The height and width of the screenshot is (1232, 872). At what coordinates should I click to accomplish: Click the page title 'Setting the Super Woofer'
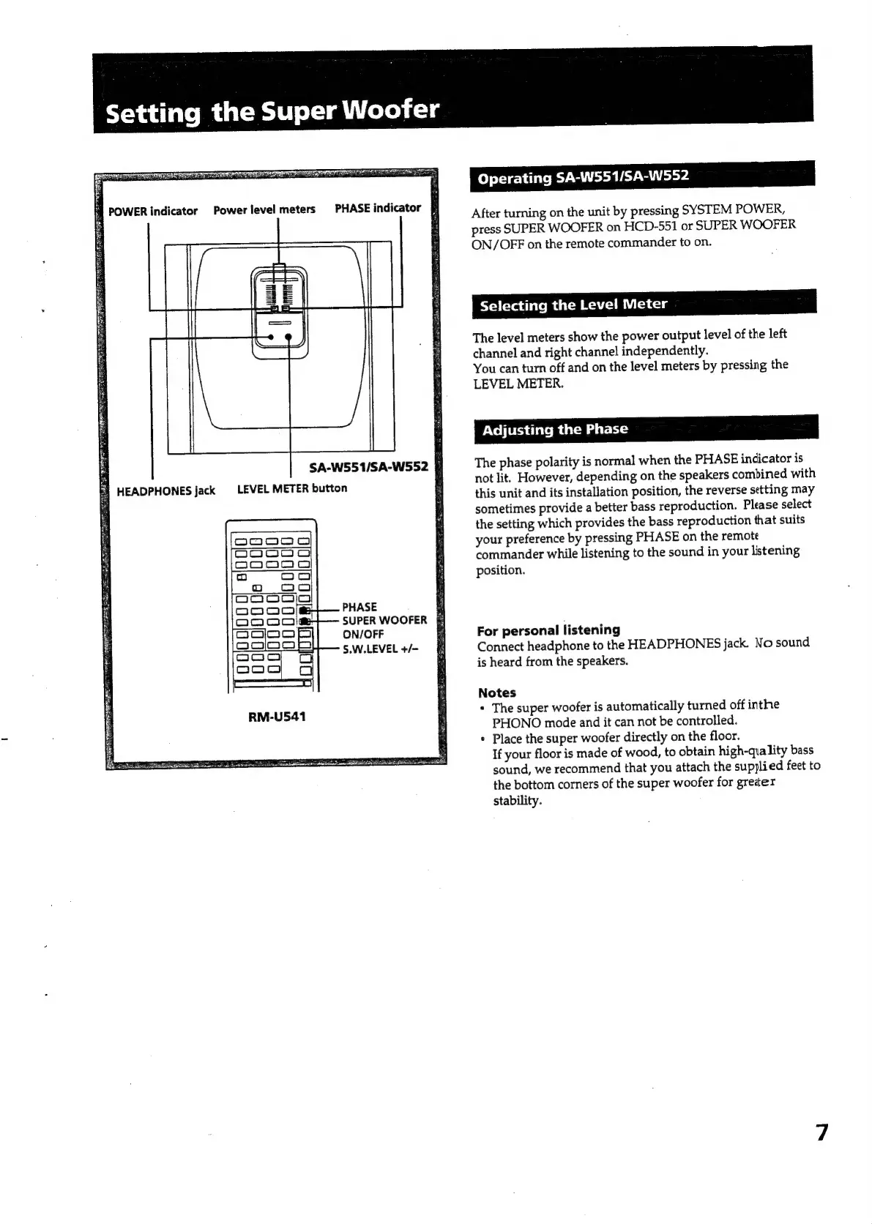tap(272, 111)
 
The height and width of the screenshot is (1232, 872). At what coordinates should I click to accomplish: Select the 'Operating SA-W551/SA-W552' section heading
tap(583, 177)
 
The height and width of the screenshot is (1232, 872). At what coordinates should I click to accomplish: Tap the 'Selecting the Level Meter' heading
tap(573, 305)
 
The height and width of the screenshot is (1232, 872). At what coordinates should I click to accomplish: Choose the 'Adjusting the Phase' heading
tap(554, 430)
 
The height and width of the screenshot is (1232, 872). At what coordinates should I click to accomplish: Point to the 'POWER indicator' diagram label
tap(152, 211)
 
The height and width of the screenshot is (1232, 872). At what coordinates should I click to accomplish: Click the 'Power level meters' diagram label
tap(264, 209)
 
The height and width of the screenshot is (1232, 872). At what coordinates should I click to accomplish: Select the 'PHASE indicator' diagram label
tap(378, 208)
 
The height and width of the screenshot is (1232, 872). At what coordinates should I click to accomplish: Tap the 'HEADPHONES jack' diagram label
tap(165, 490)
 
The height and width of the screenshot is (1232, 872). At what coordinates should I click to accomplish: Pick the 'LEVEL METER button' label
tap(292, 488)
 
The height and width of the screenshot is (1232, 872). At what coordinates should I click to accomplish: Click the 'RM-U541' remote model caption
tap(277, 717)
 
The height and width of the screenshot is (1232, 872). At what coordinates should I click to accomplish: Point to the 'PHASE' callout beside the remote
tap(359, 607)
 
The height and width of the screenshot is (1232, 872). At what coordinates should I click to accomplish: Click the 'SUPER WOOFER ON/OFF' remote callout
tap(384, 627)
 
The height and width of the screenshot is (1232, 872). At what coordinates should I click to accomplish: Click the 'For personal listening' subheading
tap(548, 630)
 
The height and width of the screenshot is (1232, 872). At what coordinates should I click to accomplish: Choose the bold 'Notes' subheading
tap(496, 692)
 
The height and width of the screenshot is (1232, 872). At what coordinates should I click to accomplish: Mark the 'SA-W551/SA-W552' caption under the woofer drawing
tap(368, 466)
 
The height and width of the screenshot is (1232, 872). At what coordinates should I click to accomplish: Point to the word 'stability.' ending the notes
tap(517, 801)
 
